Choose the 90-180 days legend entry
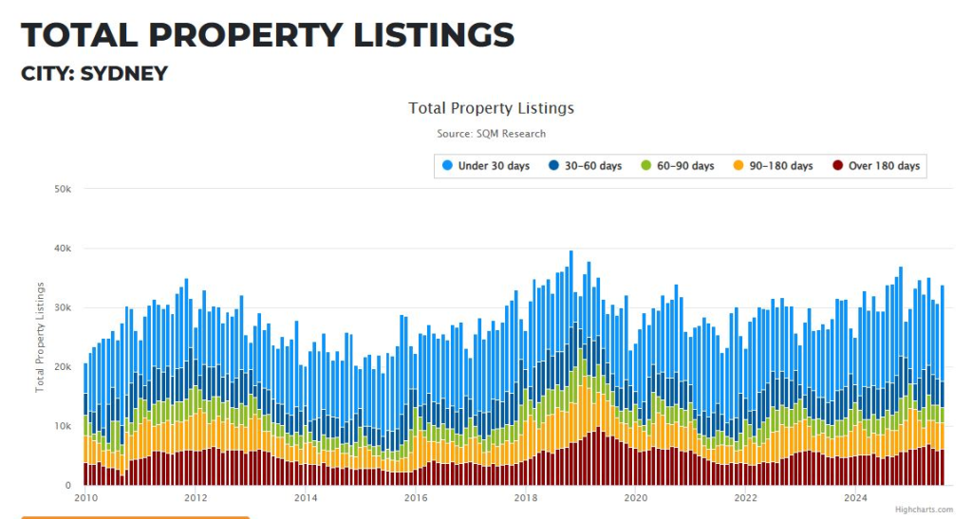tap(780, 166)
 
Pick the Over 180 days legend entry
tap(884, 166)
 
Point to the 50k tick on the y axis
tap(64, 189)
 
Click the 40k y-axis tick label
tap(64, 249)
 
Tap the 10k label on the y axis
tap(64, 426)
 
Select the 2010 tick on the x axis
tap(85, 497)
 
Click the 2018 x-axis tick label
tap(526, 497)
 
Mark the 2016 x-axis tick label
tap(416, 497)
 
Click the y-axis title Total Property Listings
tap(41, 337)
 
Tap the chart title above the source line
tap(491, 108)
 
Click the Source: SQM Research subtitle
tap(491, 134)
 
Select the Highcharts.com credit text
tap(924, 510)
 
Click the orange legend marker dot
tap(738, 166)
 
